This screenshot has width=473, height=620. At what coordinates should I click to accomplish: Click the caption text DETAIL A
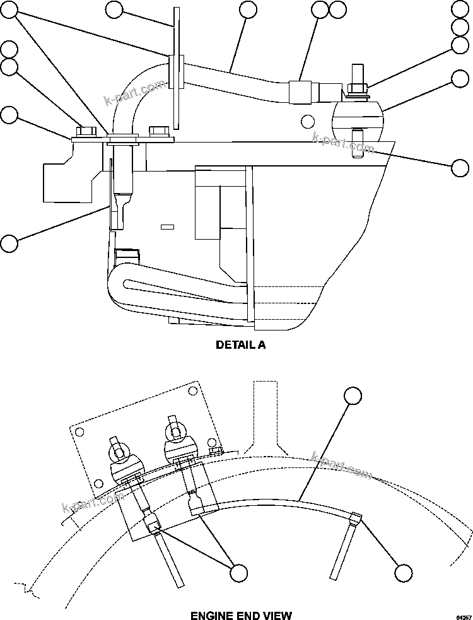point(241,345)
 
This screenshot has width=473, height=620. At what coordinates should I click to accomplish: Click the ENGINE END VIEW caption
point(241,614)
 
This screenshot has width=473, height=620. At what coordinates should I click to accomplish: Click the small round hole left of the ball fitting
point(307,120)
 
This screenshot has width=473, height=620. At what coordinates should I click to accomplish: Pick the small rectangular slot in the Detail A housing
point(167,226)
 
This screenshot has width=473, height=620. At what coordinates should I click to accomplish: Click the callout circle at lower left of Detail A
point(9,243)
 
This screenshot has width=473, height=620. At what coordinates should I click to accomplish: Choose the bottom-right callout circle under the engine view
point(403,573)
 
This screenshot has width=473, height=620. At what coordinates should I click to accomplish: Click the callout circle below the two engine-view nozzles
point(238,573)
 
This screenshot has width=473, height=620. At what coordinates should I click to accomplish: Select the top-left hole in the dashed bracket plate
point(79,432)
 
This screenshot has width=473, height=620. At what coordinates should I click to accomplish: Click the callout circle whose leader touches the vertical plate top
point(114,9)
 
